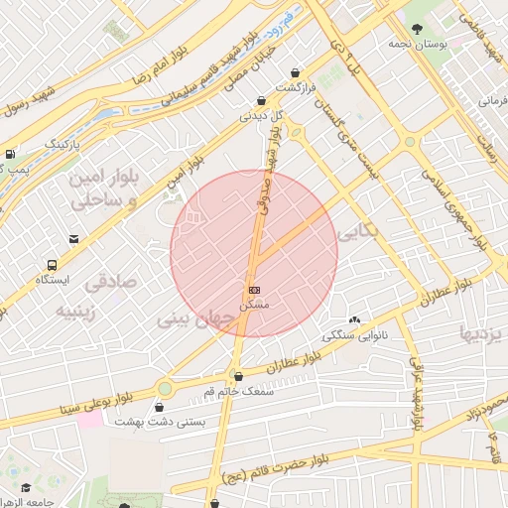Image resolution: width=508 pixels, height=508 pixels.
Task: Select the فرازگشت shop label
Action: click(296, 87)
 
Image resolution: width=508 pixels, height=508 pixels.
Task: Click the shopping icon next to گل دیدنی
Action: click(261, 100)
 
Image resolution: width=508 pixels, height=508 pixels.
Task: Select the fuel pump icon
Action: click(9, 155)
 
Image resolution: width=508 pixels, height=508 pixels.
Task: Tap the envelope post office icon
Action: click(74, 239)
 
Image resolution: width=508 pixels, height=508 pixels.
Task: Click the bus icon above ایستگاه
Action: click(51, 265)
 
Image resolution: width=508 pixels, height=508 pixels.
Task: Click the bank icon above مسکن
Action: click(255, 290)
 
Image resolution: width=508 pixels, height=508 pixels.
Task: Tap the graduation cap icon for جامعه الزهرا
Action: click(25, 489)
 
